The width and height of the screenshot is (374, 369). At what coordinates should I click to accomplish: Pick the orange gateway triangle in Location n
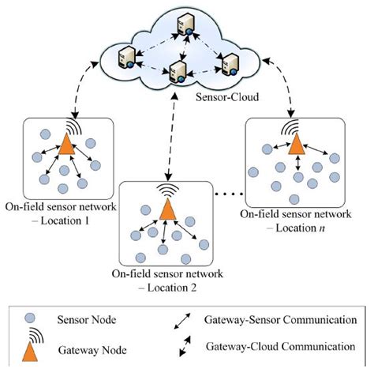coord(297,144)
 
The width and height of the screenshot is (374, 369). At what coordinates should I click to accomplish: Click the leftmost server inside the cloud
coord(124,56)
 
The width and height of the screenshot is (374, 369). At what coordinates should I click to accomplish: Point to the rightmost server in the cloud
coord(230,64)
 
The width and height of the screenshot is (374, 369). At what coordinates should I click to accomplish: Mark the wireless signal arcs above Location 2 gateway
coord(167,190)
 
